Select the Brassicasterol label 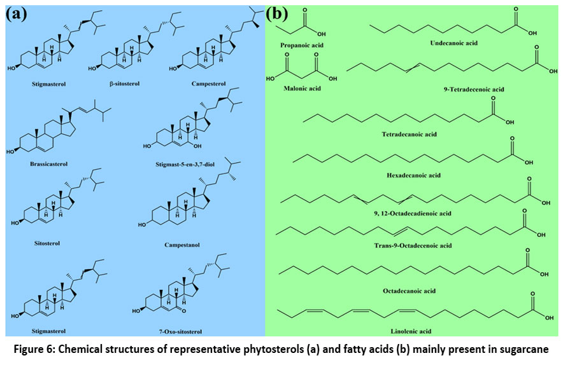48,163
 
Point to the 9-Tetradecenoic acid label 474,90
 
